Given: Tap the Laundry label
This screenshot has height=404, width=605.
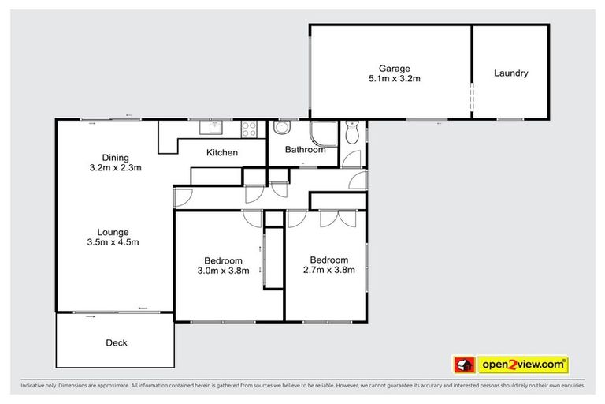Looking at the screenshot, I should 510,73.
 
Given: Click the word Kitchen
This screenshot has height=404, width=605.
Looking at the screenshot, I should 222,152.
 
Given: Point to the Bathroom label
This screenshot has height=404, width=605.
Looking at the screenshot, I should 305,150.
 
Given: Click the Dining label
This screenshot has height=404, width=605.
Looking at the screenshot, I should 115,157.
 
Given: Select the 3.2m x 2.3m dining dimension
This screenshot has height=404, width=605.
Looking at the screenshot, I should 115,168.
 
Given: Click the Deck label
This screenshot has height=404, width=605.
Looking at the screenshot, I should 116,342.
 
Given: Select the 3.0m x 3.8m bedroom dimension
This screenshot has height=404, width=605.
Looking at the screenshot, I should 223,271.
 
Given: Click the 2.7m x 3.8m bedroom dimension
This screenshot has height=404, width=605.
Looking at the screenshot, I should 328,271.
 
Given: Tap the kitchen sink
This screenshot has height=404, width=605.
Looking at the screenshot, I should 212,127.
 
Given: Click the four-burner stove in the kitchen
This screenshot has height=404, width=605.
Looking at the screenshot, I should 250,127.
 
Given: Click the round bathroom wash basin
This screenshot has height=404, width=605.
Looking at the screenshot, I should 282,130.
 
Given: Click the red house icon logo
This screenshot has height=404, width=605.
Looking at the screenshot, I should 463,365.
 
